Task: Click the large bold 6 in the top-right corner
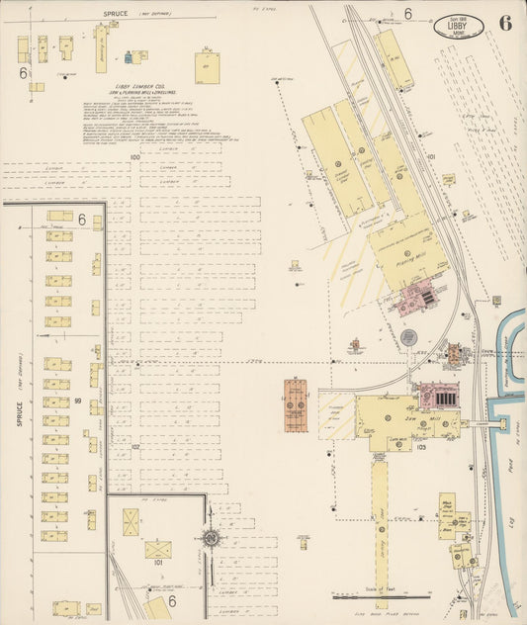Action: (505, 24)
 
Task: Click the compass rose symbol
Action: (211, 538)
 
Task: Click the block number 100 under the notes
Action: (134, 157)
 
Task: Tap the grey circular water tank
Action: (354, 347)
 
